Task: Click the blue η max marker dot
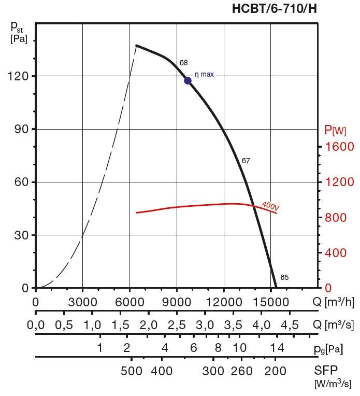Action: pyautogui.click(x=188, y=80)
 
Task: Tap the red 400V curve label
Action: pyautogui.click(x=270, y=206)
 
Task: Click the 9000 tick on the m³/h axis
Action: pyautogui.click(x=177, y=301)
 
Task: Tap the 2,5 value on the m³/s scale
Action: pyautogui.click(x=177, y=326)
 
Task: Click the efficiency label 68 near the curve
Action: pyautogui.click(x=183, y=63)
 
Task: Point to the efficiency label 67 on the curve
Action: pyautogui.click(x=246, y=161)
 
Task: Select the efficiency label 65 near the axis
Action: pyautogui.click(x=284, y=277)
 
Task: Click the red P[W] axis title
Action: pyautogui.click(x=335, y=129)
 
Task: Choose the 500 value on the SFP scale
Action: pyautogui.click(x=132, y=371)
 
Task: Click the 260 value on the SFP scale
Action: pyautogui.click(x=241, y=371)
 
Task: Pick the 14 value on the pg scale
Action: pyautogui.click(x=277, y=347)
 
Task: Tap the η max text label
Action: pyautogui.click(x=204, y=75)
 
